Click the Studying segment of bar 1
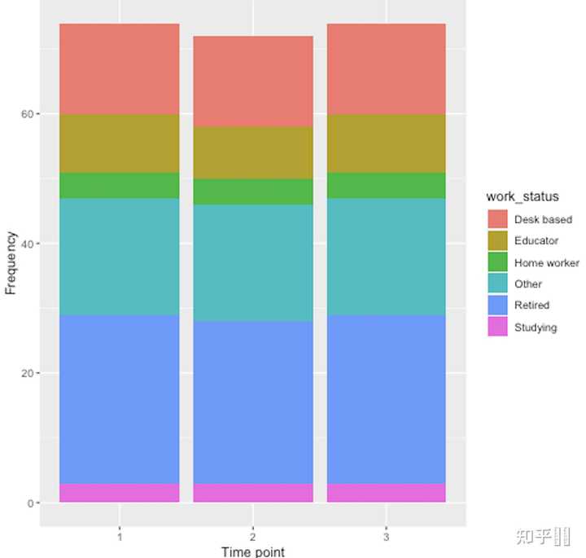tap(120, 493)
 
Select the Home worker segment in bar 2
tap(253, 191)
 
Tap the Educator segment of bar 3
tap(387, 143)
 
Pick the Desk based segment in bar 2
tap(253, 81)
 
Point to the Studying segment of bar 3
tap(387, 493)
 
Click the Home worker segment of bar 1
tap(120, 186)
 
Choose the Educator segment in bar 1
tap(120, 143)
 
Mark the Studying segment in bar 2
tap(253, 493)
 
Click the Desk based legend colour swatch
tap(497, 219)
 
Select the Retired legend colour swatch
tap(497, 305)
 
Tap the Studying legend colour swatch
tap(497, 327)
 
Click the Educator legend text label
tap(536, 241)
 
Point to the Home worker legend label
tap(547, 263)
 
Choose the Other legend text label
tap(528, 284)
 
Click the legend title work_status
tap(523, 196)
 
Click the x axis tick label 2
tap(253, 538)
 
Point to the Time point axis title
tap(253, 551)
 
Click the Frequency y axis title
tap(11, 262)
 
